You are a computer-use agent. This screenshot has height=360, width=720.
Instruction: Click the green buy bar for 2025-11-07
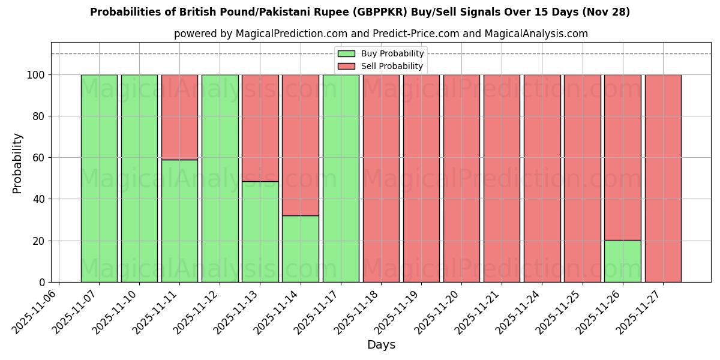tap(99, 178)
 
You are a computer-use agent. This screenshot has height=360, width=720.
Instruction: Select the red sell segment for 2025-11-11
tap(179, 117)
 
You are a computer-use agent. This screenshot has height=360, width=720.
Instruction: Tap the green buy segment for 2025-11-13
tap(260, 232)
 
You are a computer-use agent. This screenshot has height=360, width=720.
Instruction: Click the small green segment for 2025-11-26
tap(622, 261)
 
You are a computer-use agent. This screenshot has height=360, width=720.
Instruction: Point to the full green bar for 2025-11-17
tap(341, 178)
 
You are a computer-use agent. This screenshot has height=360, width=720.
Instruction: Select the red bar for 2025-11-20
tap(461, 178)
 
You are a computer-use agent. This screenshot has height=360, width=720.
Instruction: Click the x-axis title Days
tap(381, 345)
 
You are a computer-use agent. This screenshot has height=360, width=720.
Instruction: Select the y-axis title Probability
tap(17, 163)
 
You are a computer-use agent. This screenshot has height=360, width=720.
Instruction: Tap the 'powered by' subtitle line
tap(381, 34)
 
